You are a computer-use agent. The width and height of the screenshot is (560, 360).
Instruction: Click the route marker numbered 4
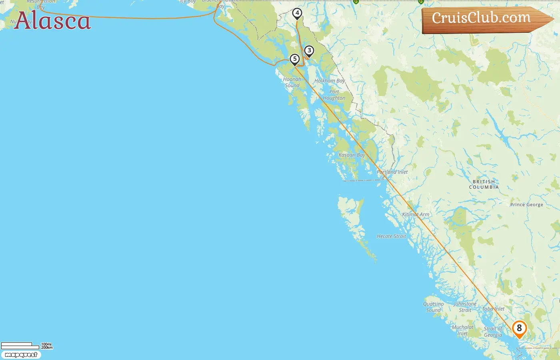pyautogui.click(x=297, y=13)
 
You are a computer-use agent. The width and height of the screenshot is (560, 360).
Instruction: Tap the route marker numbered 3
pyautogui.click(x=309, y=51)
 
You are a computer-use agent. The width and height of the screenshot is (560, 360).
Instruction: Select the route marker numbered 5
pyautogui.click(x=295, y=59)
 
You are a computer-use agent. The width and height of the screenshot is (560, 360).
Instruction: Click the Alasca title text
pyautogui.click(x=52, y=21)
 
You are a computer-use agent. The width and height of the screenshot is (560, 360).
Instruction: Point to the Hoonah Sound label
pyautogui.click(x=292, y=82)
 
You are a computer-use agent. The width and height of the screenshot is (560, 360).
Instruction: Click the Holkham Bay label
pyautogui.click(x=330, y=81)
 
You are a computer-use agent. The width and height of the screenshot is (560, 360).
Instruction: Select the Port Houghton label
pyautogui.click(x=334, y=95)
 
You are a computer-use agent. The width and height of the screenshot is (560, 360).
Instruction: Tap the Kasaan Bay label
pyautogui.click(x=352, y=155)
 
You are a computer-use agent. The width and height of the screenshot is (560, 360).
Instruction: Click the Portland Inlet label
pyautogui.click(x=392, y=172)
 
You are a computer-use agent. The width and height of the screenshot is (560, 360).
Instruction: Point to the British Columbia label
pyautogui.click(x=484, y=184)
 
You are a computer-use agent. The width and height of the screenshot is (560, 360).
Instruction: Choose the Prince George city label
pyautogui.click(x=526, y=205)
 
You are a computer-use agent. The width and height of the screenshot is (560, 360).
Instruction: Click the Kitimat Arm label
pyautogui.click(x=416, y=214)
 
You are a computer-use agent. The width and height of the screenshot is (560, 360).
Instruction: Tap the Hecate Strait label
pyautogui.click(x=391, y=236)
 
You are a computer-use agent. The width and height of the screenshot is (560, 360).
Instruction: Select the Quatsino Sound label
pyautogui.click(x=434, y=307)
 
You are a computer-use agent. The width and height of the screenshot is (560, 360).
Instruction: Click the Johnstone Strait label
pyautogui.click(x=465, y=307)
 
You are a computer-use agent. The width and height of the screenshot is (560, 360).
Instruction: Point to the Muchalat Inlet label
pyautogui.click(x=462, y=330)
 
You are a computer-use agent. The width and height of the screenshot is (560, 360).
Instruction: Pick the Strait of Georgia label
pyautogui.click(x=493, y=332)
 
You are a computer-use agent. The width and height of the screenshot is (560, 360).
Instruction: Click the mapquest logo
pyautogui.click(x=21, y=355)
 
